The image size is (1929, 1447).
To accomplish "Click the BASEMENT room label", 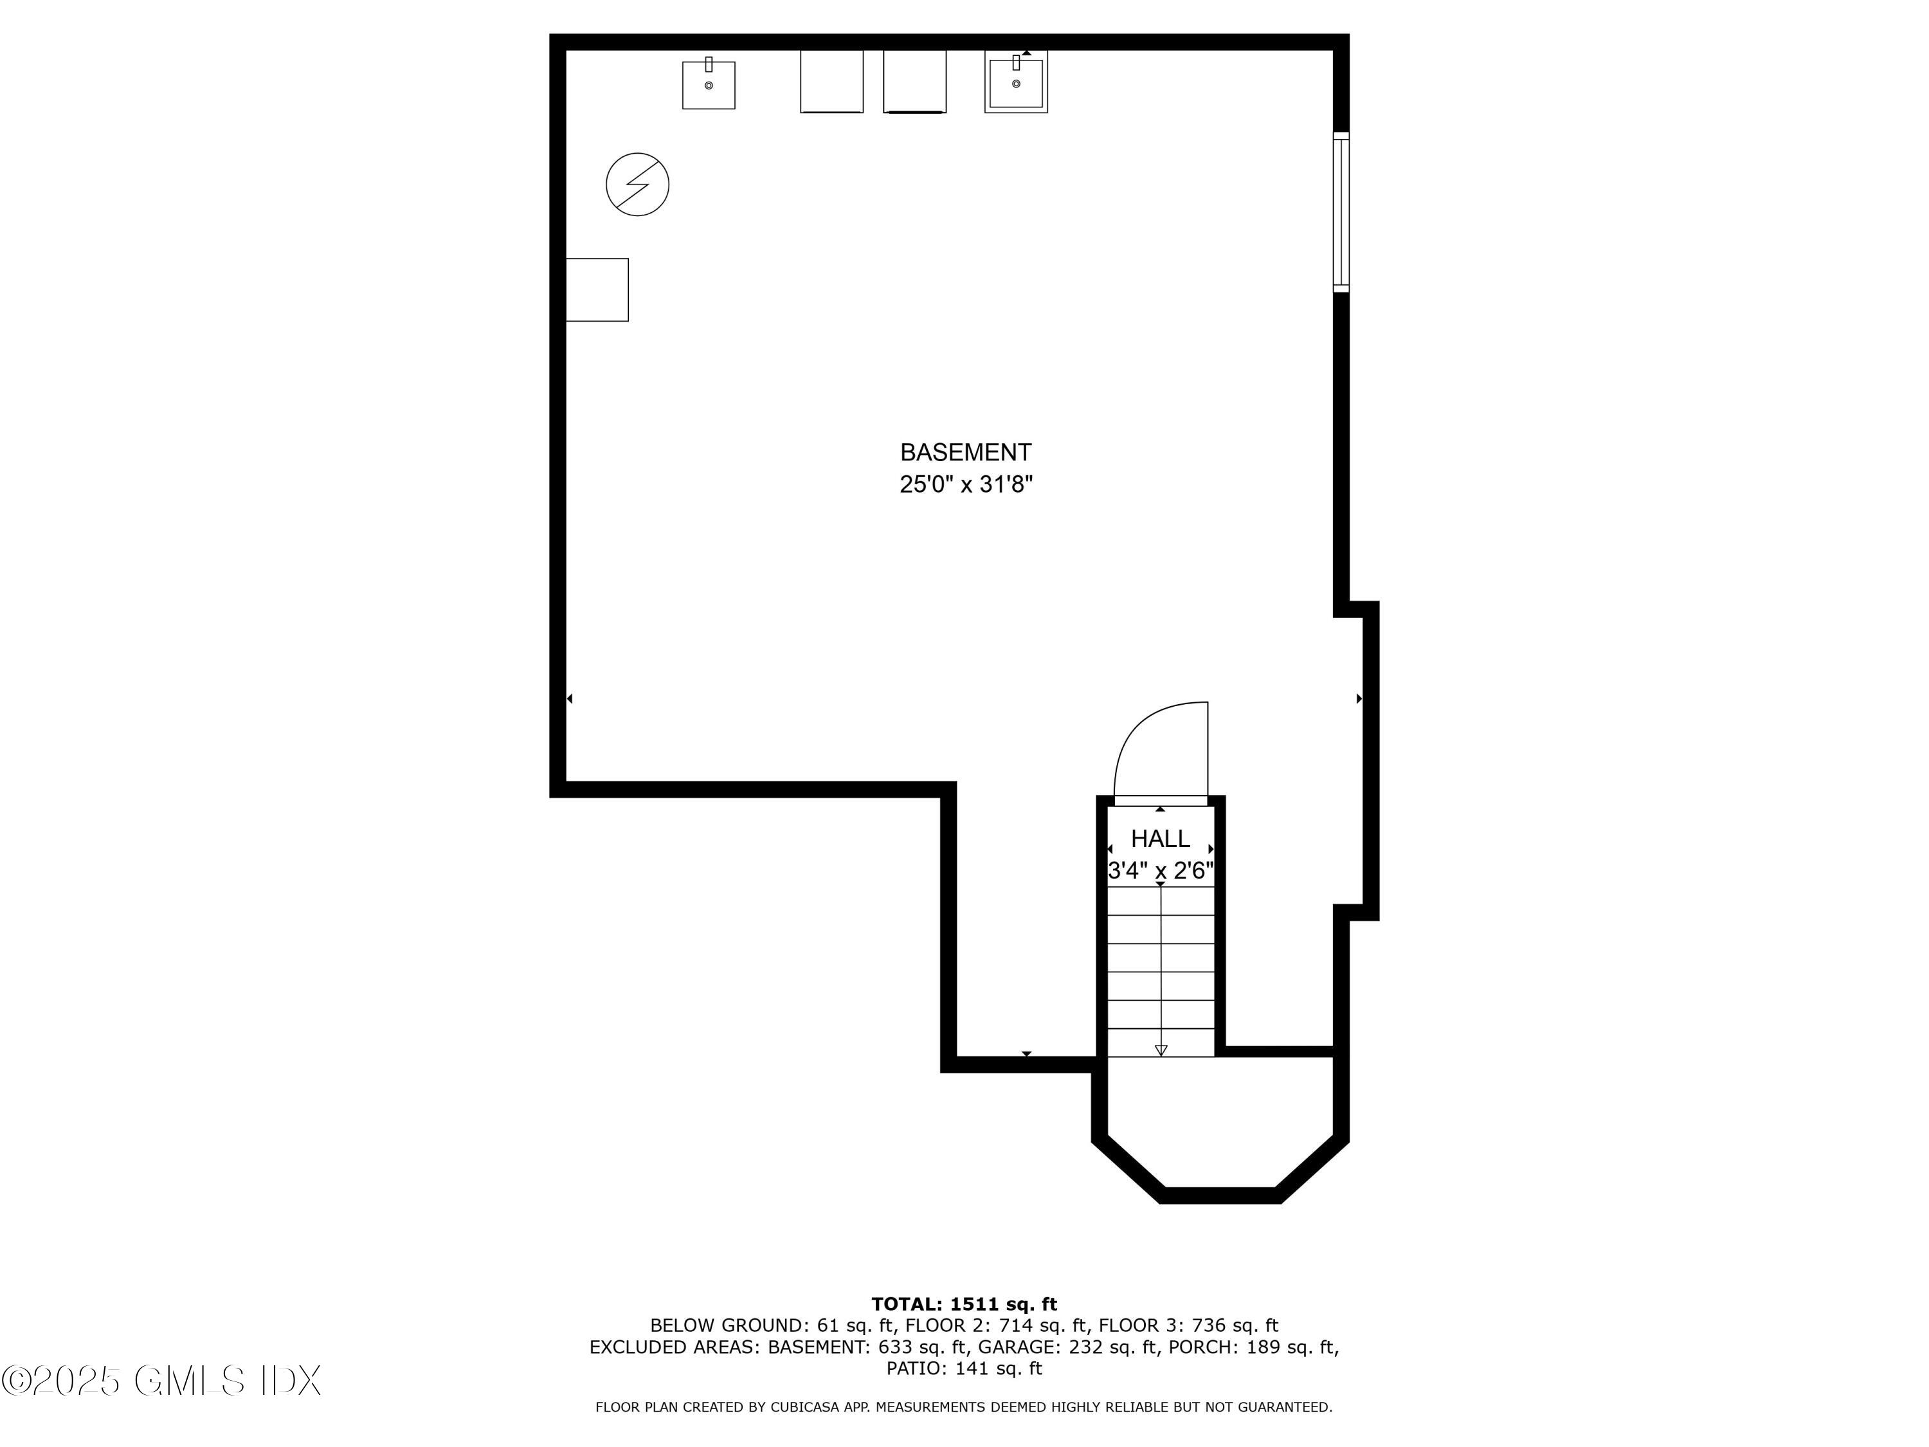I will [965, 453].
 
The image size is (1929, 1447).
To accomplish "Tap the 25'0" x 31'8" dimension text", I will [965, 485].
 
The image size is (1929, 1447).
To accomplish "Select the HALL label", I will [1160, 839].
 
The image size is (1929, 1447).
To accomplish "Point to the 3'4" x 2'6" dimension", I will [1160, 871].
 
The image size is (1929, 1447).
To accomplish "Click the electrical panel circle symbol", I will [637, 185].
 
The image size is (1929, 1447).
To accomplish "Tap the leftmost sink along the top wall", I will [708, 85].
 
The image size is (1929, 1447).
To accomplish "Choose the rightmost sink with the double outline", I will [1016, 82].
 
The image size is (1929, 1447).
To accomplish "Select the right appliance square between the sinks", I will [914, 81].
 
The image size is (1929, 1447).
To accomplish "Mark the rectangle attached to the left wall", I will [597, 289].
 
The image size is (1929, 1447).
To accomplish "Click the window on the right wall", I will [1341, 212].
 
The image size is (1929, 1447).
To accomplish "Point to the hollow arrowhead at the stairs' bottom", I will [1161, 1050].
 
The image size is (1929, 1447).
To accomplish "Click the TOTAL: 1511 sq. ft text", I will [964, 1304].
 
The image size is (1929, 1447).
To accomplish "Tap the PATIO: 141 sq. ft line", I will [964, 1369].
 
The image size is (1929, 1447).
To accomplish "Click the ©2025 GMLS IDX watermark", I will [162, 1381].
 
